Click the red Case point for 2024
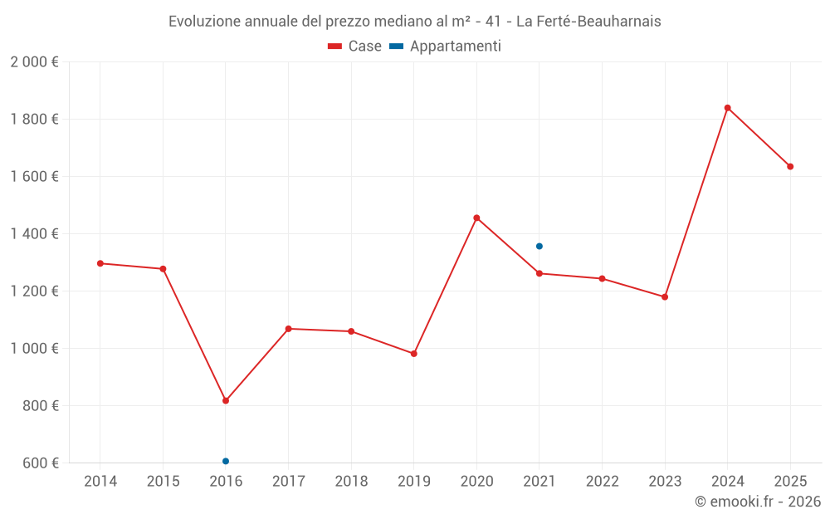(x=727, y=108)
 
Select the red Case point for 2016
(x=226, y=400)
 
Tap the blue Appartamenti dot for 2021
(x=539, y=246)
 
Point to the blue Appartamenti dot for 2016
(x=226, y=461)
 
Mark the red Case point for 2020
(x=476, y=218)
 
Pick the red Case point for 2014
(x=100, y=263)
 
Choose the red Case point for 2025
(x=790, y=166)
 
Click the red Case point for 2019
(x=414, y=354)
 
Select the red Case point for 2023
(x=665, y=296)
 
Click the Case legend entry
(x=355, y=47)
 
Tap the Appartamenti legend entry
(x=446, y=47)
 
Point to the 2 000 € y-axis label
(x=35, y=62)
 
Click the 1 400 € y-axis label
(x=35, y=234)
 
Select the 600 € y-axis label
(x=40, y=463)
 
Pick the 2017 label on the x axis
(x=288, y=482)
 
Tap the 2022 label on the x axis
(x=602, y=482)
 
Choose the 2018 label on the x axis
(x=351, y=482)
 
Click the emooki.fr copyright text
(x=758, y=502)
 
